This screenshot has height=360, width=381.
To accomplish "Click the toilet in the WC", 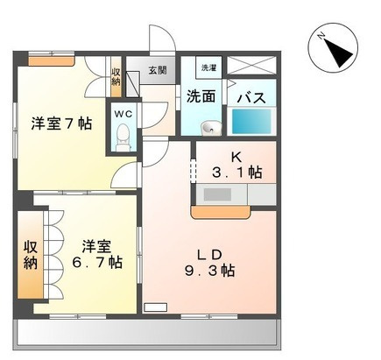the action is (123, 137).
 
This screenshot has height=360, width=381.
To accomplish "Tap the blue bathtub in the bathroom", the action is (251, 122).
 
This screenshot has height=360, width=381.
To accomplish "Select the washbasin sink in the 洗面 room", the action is (210, 128).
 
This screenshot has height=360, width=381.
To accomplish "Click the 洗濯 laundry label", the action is (208, 68).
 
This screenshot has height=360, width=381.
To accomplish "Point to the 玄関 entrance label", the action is (158, 70).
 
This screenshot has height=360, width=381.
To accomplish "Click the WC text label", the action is (123, 114).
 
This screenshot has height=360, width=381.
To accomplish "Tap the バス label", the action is (251, 98).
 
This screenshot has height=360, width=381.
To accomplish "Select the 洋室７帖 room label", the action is (61, 124).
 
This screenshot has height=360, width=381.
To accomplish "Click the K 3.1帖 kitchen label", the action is (236, 166).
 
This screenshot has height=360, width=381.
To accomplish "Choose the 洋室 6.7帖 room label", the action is (97, 255).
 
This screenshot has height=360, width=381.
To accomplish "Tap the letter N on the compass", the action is (321, 36).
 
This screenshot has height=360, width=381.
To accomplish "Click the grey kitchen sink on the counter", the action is (217, 194).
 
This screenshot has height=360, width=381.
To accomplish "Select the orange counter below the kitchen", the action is (221, 212).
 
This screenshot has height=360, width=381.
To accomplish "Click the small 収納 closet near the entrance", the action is (116, 77).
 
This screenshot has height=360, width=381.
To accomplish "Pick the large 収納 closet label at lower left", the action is (31, 255).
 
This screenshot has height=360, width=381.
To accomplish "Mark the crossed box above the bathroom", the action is (251, 66).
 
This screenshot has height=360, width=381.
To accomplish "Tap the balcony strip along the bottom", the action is (147, 333).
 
